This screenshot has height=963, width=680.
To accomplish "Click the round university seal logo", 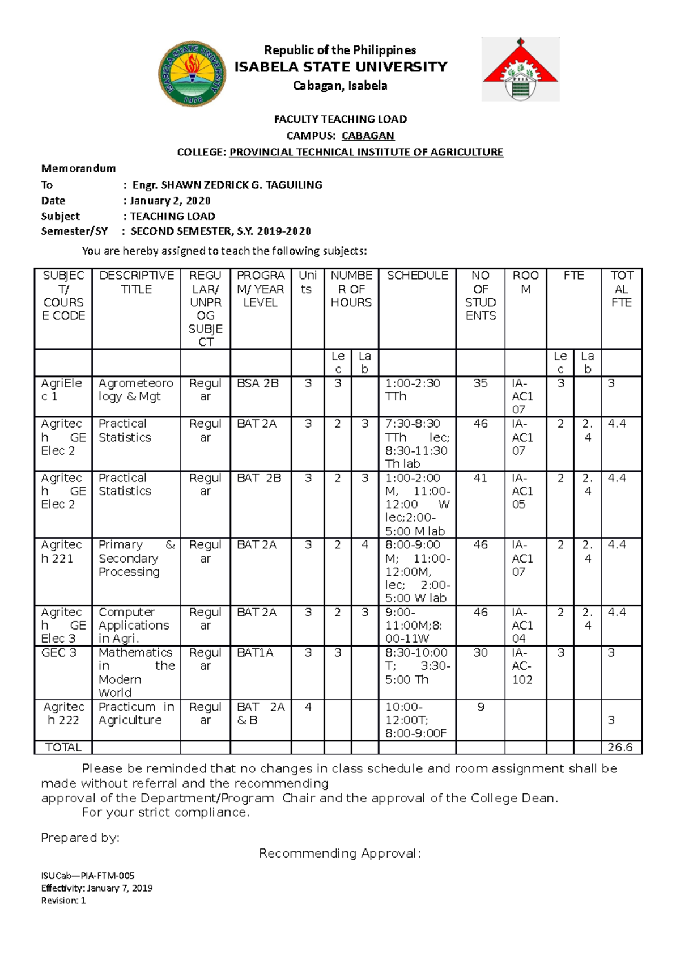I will pos(193,74).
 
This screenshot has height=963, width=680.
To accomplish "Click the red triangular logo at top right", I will pos(520,69).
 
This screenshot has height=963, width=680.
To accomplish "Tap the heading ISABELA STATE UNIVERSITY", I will pos(341,67).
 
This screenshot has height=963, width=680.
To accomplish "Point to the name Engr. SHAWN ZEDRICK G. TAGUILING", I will pos(227,185).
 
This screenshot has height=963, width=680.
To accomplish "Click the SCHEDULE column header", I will pos(417,276).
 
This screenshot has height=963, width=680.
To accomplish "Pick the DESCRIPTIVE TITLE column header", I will pos(137,282).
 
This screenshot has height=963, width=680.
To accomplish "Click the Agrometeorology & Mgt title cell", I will pos(135,390).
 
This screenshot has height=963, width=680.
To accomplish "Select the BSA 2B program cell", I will pos(258,383).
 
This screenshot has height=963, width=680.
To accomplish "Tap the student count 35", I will pos(480,383).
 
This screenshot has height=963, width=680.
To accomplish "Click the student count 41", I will pos(480,478).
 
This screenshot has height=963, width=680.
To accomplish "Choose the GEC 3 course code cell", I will pos(59,653).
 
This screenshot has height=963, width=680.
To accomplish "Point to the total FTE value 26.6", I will pos(620,747).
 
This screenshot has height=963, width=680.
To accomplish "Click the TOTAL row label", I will pos(63,747).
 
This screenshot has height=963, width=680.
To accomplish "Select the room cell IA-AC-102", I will pos(522,666).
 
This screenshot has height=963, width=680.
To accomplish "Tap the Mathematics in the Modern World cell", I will pos(136,673).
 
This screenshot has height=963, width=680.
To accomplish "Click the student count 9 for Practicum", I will pos(481,707).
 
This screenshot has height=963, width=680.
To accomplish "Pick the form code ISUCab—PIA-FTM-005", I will pos(88,876).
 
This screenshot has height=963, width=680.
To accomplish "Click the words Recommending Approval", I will pos(340,854).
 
